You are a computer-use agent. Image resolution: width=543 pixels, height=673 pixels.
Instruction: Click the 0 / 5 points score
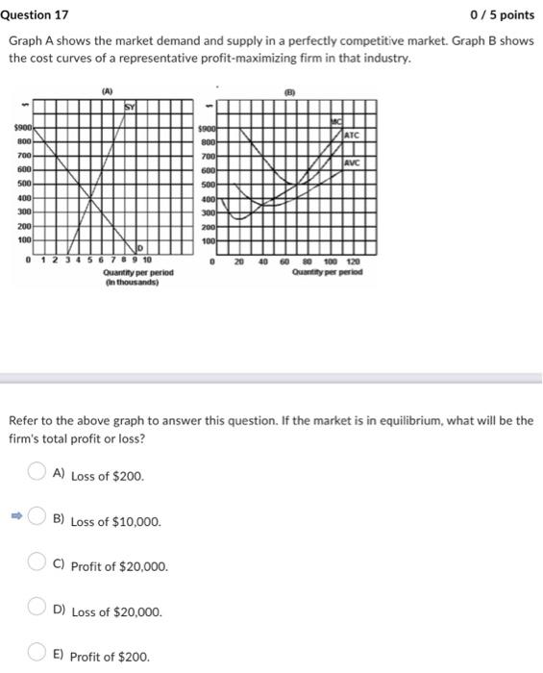(502, 15)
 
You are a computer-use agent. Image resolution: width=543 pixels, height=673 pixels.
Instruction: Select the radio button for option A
(36, 473)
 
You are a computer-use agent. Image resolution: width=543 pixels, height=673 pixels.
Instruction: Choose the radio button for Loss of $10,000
(36, 519)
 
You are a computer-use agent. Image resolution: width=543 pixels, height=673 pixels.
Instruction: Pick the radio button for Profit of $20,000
(36, 565)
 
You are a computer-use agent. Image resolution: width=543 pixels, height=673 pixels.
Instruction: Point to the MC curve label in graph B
(335, 119)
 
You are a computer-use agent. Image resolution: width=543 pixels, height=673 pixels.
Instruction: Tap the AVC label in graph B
(354, 162)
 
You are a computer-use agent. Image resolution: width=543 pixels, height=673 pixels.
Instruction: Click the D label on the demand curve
(140, 248)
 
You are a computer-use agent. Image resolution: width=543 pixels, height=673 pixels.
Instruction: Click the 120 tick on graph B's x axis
(354, 262)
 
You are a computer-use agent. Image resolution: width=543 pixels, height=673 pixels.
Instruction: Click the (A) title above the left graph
(108, 90)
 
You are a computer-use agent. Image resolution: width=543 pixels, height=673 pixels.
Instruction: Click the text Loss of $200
(108, 476)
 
